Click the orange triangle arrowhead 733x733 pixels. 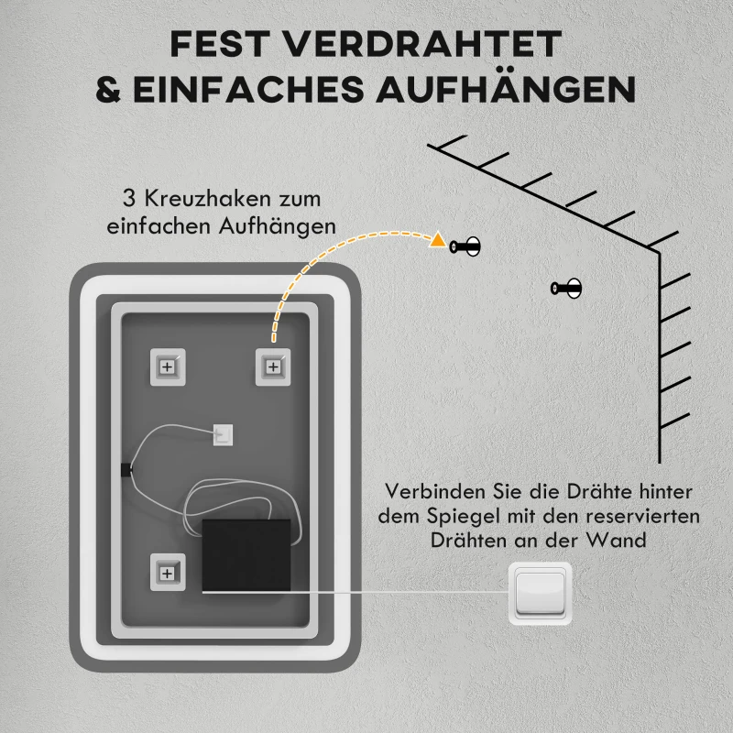(x=439, y=242)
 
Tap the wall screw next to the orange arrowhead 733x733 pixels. (x=466, y=246)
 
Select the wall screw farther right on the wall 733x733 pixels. (x=567, y=289)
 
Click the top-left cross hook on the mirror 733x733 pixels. (x=167, y=366)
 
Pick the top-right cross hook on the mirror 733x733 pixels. (x=272, y=366)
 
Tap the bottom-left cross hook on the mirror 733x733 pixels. (x=167, y=573)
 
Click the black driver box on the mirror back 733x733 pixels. (x=246, y=555)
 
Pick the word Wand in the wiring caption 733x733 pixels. (x=621, y=541)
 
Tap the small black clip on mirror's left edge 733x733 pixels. (x=126, y=470)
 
